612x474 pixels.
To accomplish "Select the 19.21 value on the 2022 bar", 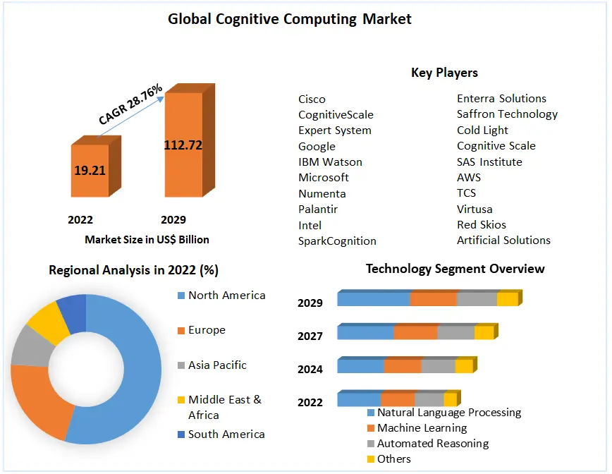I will pos(89,170).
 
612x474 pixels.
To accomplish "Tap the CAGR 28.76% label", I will pos(131,104).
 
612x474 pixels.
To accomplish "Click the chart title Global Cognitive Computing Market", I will pos(290,19).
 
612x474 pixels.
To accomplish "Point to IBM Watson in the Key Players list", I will pos(330,162).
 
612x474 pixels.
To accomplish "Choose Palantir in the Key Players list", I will pos(318,209).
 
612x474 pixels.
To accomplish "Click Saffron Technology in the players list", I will pos(507,114).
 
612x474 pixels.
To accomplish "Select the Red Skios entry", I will pos(482,225).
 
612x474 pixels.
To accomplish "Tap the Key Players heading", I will pos(444,73).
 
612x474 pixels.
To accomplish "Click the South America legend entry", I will pos(226,435).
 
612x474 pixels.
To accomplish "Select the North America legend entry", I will pos(226,296).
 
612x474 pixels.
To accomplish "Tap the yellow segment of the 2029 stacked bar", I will pos(507,299).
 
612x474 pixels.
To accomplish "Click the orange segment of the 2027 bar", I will pos(415,332).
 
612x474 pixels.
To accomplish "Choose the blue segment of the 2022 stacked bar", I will pos(359,399).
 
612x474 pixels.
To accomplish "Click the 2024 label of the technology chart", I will pos(310,370).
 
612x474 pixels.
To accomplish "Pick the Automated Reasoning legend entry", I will pos(432,444).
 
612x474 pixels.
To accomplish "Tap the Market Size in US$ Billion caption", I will pos(147,240).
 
